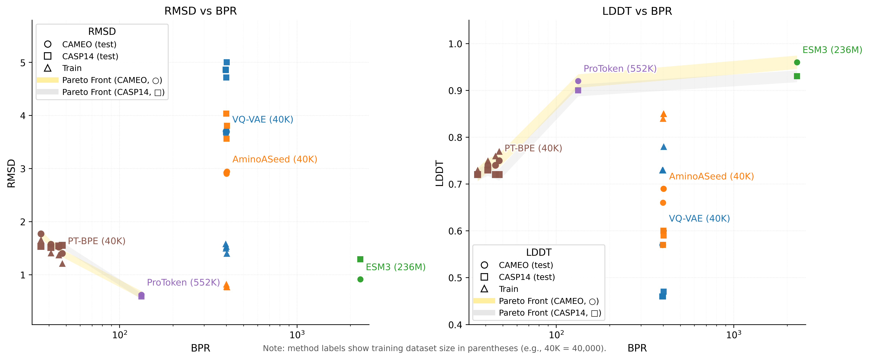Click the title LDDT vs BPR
click(x=637, y=11)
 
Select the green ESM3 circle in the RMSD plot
click(x=360, y=279)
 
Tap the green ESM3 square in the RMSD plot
click(x=360, y=259)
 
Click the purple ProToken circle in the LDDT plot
click(x=578, y=81)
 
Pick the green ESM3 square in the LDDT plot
click(x=797, y=76)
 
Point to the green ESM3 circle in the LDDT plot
click(x=797, y=62)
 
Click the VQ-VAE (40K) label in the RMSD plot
click(x=262, y=119)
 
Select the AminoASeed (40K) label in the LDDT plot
click(x=711, y=177)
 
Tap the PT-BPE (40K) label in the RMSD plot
click(x=96, y=241)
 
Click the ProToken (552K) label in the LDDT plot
click(x=620, y=69)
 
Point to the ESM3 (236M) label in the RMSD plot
click(x=395, y=267)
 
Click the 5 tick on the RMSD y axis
click(x=23, y=63)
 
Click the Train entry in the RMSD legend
click(x=72, y=68)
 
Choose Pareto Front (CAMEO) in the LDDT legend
click(x=549, y=301)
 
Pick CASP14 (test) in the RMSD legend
click(x=90, y=56)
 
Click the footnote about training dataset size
click(x=434, y=348)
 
